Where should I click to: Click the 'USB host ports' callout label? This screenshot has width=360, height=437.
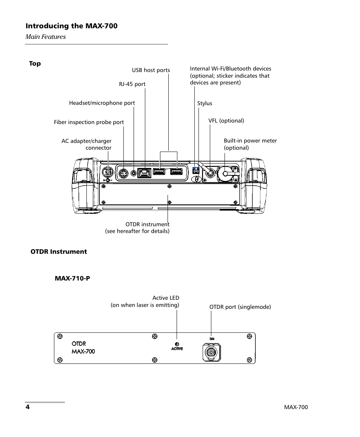tap(151, 70)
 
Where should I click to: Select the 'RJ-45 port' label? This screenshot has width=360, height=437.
tap(132, 84)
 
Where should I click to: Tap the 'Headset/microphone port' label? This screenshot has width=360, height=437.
tap(102, 103)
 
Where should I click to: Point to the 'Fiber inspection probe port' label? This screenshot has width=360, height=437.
tap(89, 122)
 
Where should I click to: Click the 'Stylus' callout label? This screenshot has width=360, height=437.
tap(205, 103)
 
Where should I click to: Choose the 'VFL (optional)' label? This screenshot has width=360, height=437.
tap(226, 121)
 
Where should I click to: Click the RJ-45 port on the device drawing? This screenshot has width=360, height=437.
tap(144, 173)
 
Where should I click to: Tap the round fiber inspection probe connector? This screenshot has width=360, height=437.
tap(123, 173)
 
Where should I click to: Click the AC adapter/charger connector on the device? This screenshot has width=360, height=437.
tap(108, 172)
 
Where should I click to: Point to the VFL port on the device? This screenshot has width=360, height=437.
tap(210, 173)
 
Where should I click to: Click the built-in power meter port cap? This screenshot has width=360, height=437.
tap(225, 174)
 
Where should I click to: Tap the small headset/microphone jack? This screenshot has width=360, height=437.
tap(134, 173)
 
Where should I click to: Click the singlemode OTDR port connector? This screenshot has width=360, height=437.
tap(212, 353)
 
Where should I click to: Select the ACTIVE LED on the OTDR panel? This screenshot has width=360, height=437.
tap(177, 345)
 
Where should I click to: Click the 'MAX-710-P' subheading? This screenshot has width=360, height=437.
tap(72, 278)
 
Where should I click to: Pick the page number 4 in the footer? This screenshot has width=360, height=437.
tap(28, 407)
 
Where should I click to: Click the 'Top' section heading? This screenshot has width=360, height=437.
tap(35, 64)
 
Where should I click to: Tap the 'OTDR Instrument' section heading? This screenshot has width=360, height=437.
tap(58, 251)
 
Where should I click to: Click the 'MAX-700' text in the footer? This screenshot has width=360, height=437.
tap(296, 407)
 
